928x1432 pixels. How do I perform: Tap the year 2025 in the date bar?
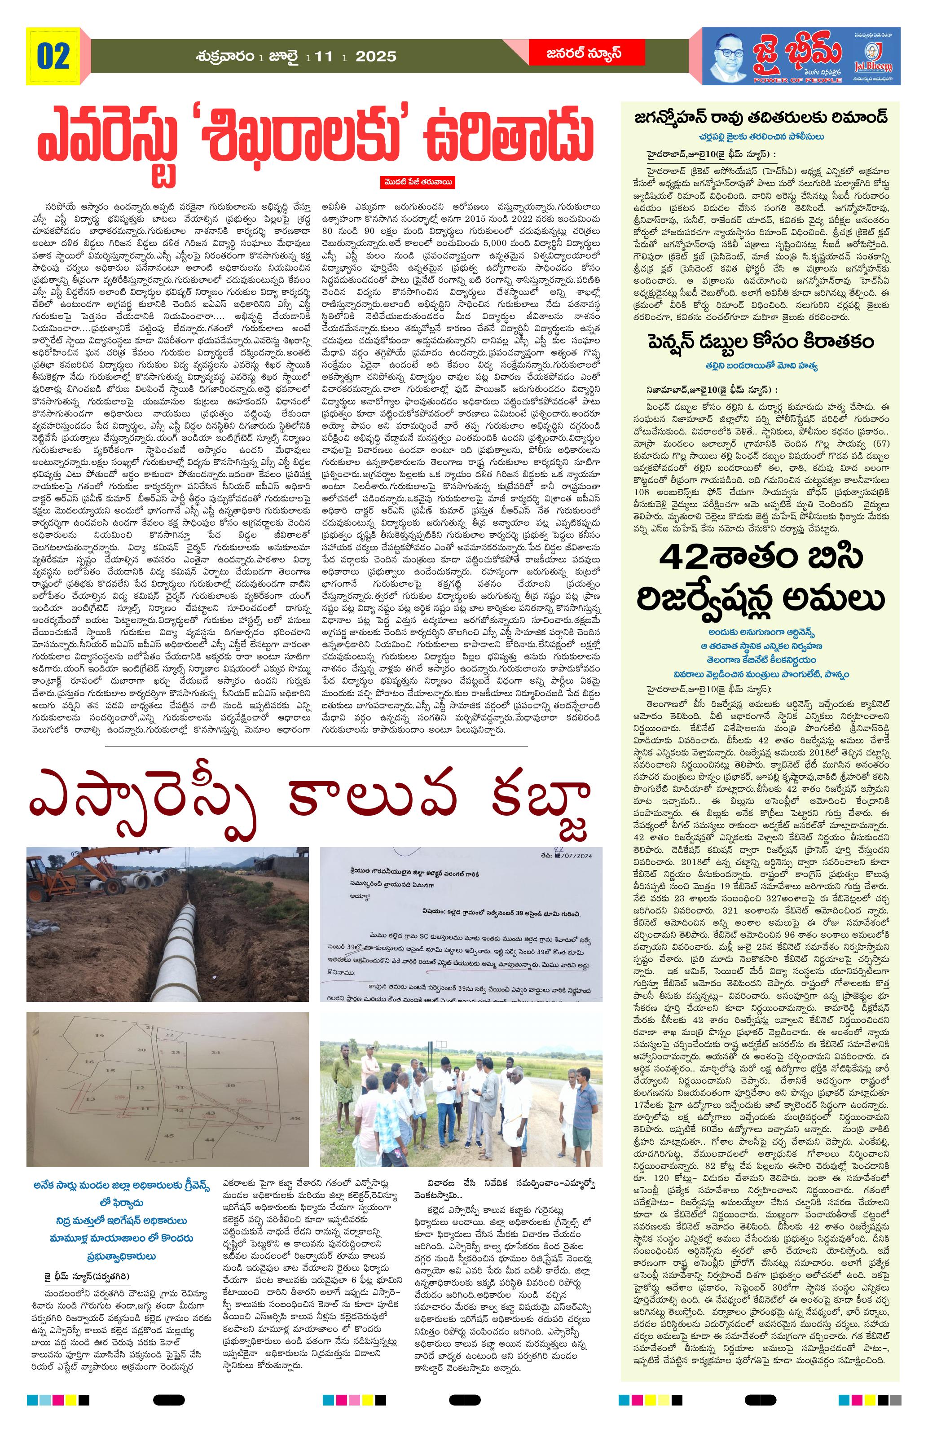375,57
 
